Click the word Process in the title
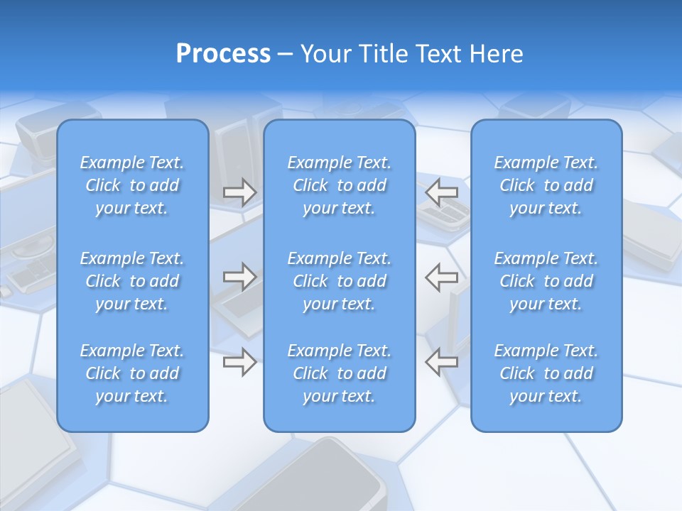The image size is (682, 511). (223, 54)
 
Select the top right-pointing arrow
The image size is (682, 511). (239, 192)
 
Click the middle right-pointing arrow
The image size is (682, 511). (239, 277)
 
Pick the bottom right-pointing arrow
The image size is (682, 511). (239, 362)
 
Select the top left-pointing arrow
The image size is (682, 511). (442, 192)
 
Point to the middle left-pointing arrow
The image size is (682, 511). (442, 277)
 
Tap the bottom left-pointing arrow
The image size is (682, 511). (442, 362)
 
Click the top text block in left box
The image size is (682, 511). (132, 185)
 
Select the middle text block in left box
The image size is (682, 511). (132, 281)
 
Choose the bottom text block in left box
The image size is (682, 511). (132, 373)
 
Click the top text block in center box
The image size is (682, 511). (340, 185)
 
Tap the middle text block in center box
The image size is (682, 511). (340, 281)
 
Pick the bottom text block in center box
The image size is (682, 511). (340, 373)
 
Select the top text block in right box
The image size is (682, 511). (546, 185)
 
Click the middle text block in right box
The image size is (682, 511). (546, 281)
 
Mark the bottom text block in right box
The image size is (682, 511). (546, 373)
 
